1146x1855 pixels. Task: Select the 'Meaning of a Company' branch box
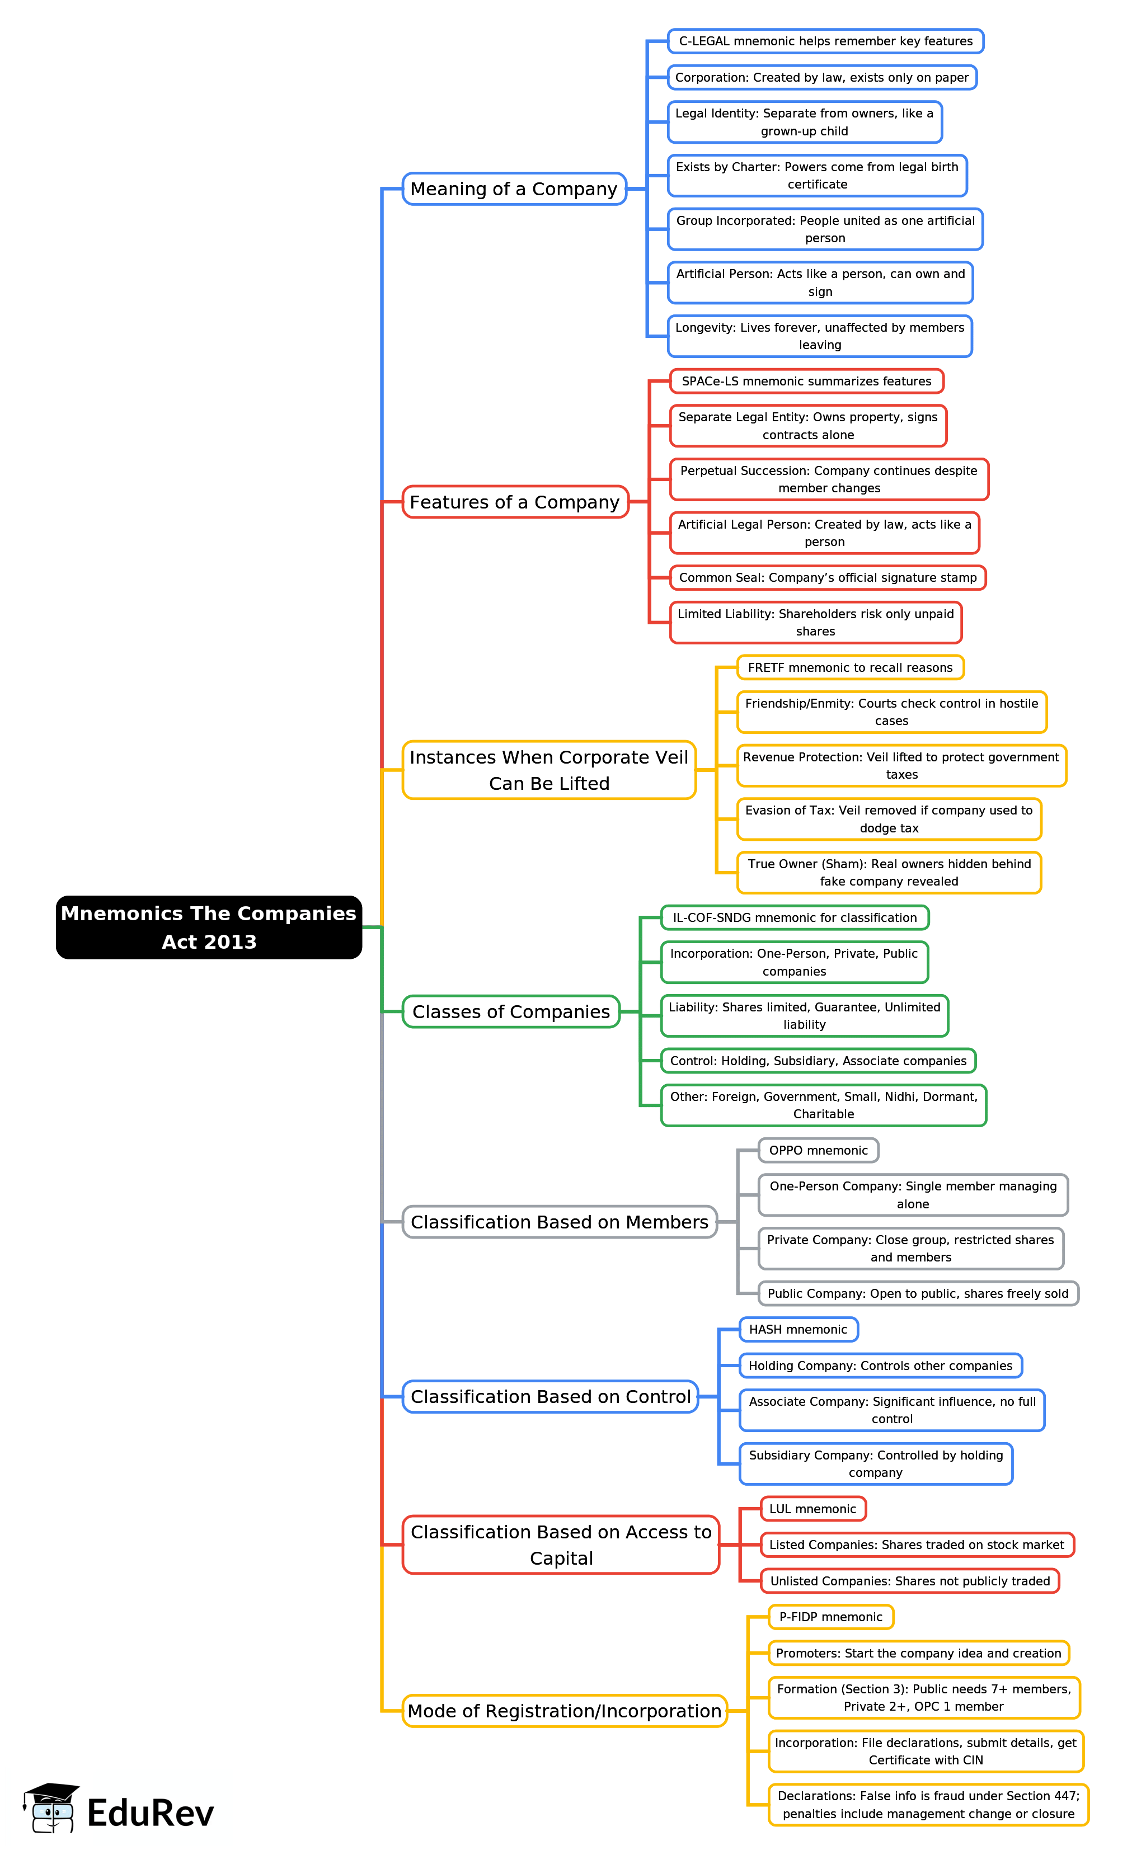pyautogui.click(x=514, y=189)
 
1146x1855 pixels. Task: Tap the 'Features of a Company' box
pyautogui.click(x=515, y=502)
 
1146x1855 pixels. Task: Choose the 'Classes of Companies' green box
pyautogui.click(x=511, y=1011)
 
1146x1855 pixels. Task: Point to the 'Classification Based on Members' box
pyautogui.click(x=560, y=1222)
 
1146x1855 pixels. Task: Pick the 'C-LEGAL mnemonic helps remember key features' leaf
pyautogui.click(x=825, y=41)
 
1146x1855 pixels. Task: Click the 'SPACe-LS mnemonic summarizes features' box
pyautogui.click(x=806, y=381)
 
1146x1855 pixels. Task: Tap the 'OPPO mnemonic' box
pyautogui.click(x=818, y=1150)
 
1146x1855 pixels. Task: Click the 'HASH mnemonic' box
pyautogui.click(x=798, y=1329)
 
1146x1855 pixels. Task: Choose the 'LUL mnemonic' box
pyautogui.click(x=812, y=1509)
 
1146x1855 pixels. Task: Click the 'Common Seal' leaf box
pyautogui.click(x=828, y=577)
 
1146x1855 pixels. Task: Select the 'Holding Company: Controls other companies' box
pyautogui.click(x=880, y=1366)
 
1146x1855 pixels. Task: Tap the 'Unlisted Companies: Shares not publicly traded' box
pyautogui.click(x=909, y=1581)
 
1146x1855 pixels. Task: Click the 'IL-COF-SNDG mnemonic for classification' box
pyautogui.click(x=795, y=917)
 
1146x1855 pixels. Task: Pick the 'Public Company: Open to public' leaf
pyautogui.click(x=918, y=1293)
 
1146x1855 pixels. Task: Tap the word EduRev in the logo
pyautogui.click(x=150, y=1813)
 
